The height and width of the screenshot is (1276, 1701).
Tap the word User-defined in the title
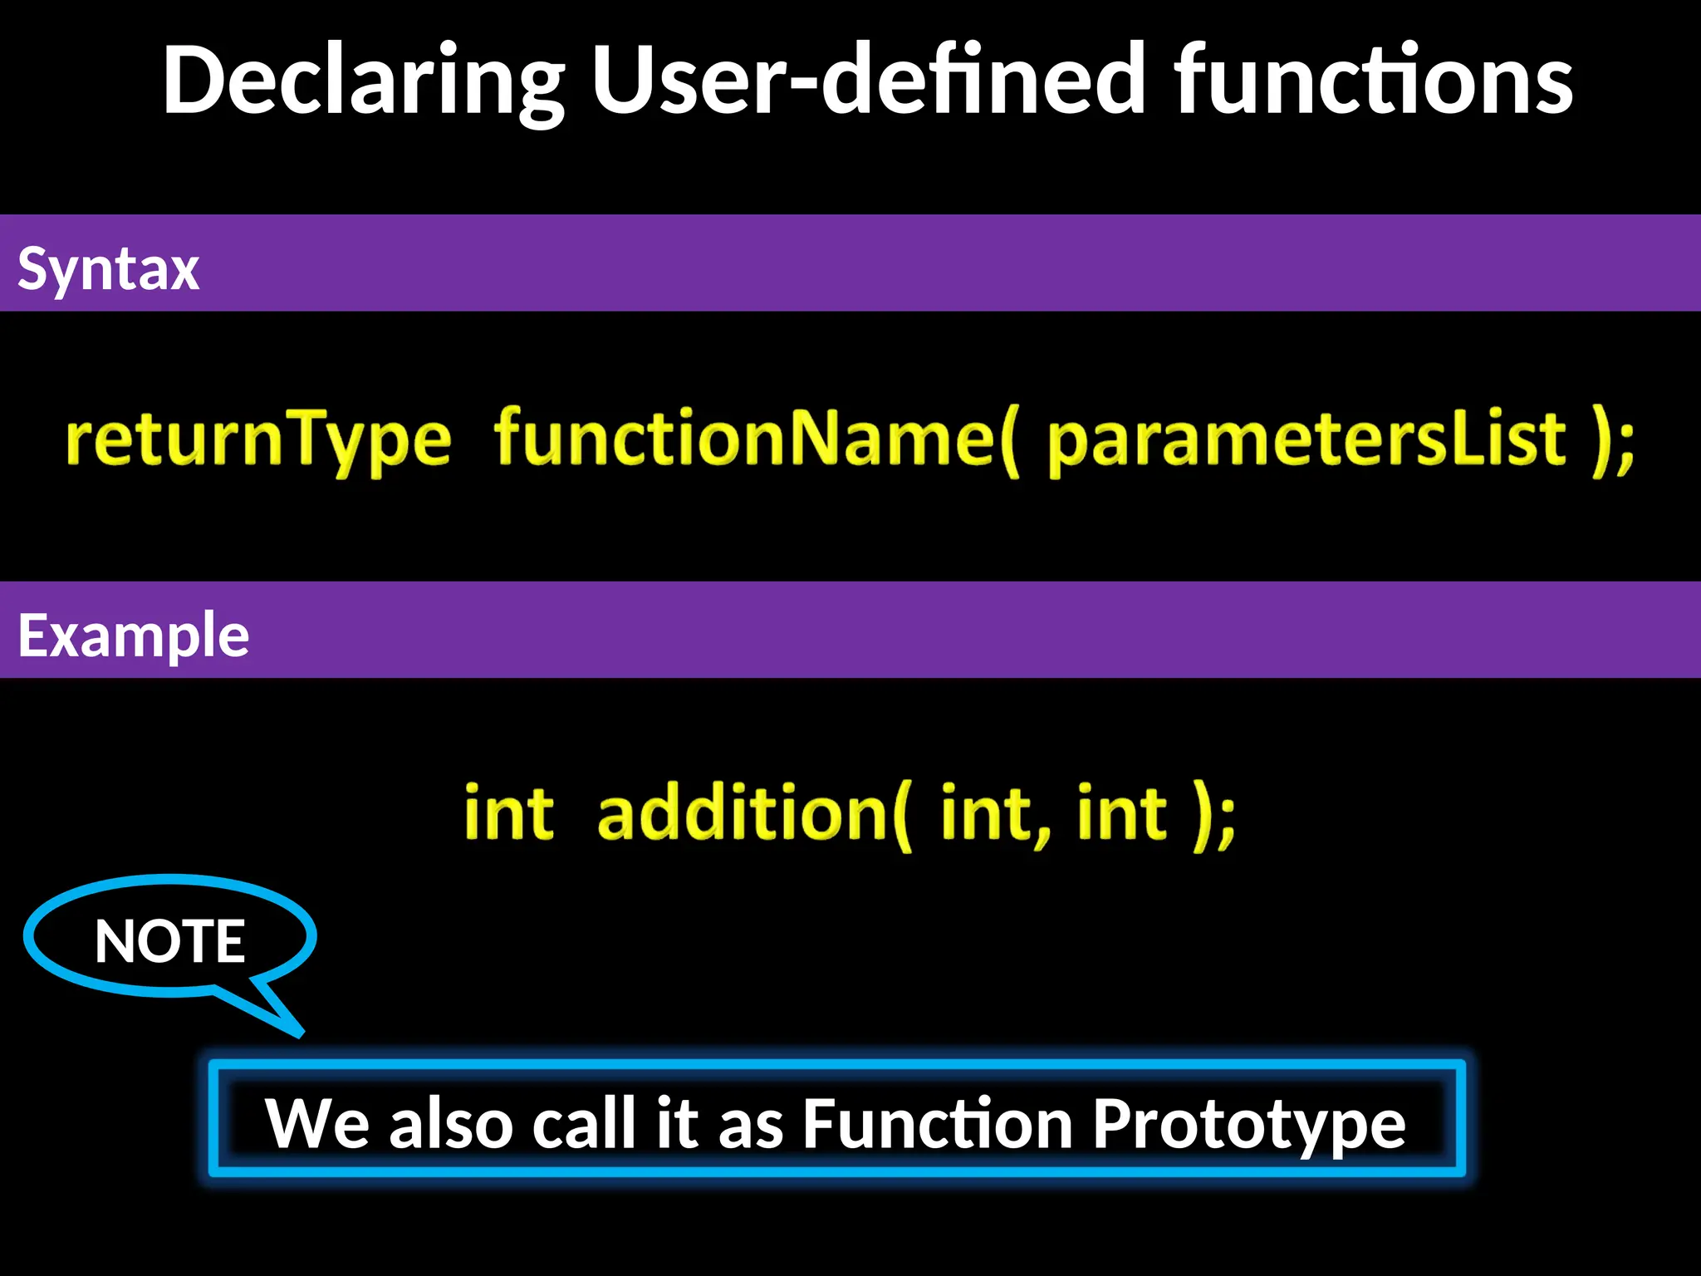click(x=869, y=81)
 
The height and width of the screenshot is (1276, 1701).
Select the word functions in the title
click(x=1374, y=81)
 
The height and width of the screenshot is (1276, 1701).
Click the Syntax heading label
click(x=108, y=268)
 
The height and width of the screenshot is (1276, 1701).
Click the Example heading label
click(x=133, y=636)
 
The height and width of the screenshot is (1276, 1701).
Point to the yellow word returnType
click(x=258, y=439)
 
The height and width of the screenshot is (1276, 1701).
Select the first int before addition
click(x=508, y=813)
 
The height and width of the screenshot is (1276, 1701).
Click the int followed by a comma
click(x=993, y=813)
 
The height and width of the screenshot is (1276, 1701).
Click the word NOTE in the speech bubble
click(x=169, y=941)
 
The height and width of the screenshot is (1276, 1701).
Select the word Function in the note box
click(x=938, y=1123)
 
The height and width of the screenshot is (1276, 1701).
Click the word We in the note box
click(x=316, y=1123)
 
